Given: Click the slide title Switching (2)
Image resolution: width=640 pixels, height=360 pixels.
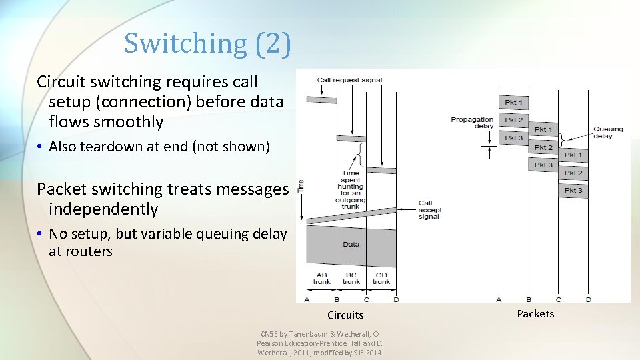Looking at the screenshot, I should (207, 43).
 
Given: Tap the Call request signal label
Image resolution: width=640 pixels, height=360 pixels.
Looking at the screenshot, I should (349, 80).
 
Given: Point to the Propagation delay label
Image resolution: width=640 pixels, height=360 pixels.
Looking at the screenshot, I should (472, 122).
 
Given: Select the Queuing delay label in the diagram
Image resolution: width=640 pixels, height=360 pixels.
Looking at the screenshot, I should (608, 132).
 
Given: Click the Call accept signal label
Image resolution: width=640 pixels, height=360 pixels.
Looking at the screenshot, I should (430, 209).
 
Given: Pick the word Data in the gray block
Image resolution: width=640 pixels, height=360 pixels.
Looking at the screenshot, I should (351, 244).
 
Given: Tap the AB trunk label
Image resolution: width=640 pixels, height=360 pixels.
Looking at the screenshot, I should (321, 278).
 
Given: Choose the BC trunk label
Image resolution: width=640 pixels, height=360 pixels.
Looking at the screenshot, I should (351, 278).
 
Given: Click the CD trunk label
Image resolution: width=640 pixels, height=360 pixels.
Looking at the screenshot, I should (381, 278).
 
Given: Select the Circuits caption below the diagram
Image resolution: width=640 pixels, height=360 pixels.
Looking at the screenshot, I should (345, 315).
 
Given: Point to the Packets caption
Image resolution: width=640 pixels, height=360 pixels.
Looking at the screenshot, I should (535, 313).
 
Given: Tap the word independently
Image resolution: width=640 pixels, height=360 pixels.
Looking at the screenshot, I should (103, 209).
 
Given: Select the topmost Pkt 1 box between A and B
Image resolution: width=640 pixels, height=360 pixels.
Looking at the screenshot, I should (514, 103).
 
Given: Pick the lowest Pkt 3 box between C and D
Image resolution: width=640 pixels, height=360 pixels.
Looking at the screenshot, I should (573, 191).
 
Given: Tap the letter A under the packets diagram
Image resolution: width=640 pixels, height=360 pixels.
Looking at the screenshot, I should (499, 299).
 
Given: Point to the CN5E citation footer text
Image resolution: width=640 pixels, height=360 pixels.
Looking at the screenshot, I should (319, 343).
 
